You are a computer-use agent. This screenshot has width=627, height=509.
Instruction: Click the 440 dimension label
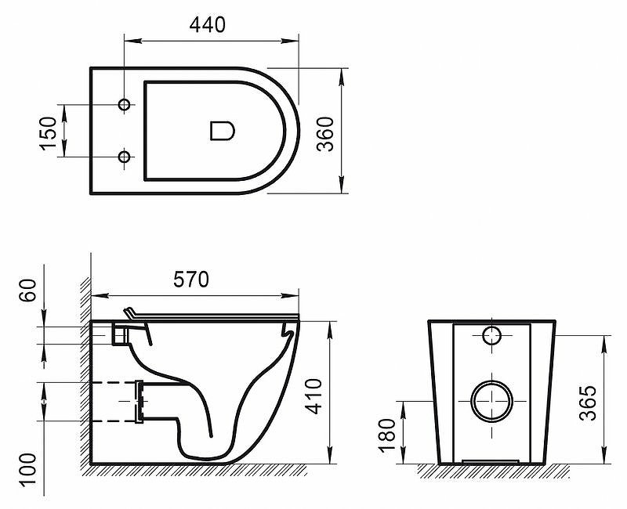(x=208, y=25)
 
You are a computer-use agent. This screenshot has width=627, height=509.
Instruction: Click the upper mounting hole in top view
(x=124, y=105)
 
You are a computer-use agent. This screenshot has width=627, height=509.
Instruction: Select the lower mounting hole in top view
(x=124, y=157)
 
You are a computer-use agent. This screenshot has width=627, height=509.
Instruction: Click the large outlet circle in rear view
(x=491, y=400)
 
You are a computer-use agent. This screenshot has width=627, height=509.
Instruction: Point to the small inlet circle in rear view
(x=491, y=337)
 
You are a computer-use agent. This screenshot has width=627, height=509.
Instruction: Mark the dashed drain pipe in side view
(x=114, y=402)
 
